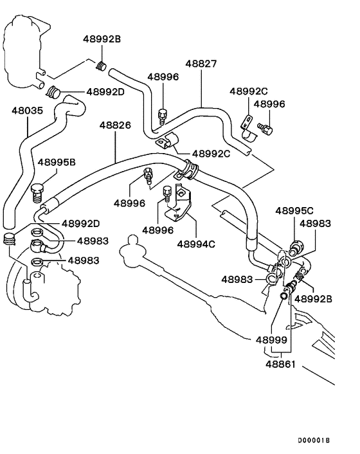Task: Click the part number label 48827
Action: pyautogui.click(x=201, y=64)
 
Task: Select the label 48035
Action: pyautogui.click(x=27, y=111)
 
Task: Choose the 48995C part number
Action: pyautogui.click(x=294, y=210)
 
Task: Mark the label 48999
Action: pyautogui.click(x=271, y=339)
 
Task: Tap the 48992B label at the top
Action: pyautogui.click(x=102, y=39)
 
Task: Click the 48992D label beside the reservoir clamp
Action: pyautogui.click(x=105, y=92)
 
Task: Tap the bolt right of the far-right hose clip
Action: pyautogui.click(x=265, y=130)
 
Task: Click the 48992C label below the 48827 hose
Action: pyautogui.click(x=210, y=154)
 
